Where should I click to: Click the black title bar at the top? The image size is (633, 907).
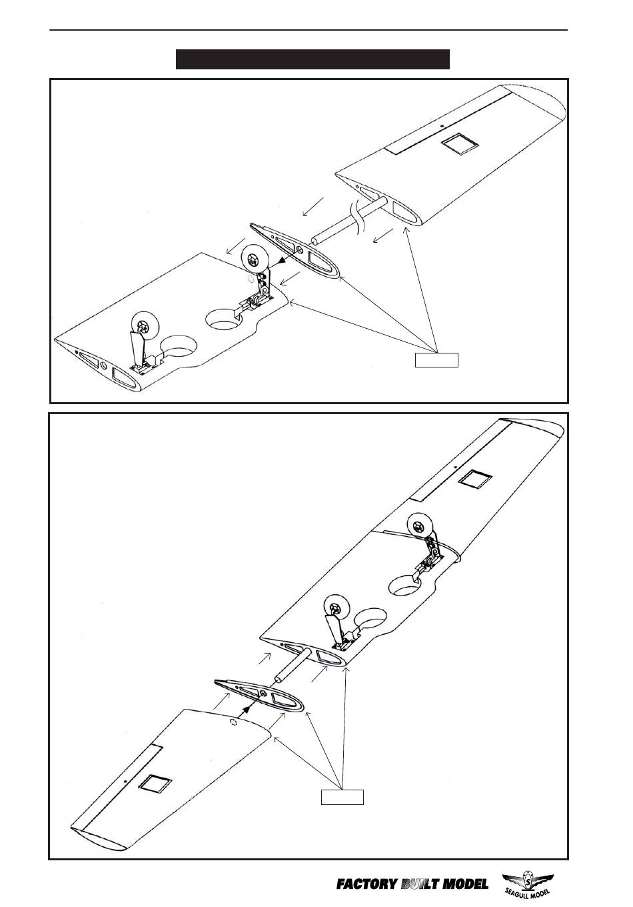(x=313, y=59)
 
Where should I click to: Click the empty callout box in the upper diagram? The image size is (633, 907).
(x=436, y=360)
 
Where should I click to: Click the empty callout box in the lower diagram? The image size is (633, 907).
(x=342, y=796)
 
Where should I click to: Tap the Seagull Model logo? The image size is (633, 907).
(x=529, y=884)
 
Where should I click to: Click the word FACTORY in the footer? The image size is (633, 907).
(x=365, y=885)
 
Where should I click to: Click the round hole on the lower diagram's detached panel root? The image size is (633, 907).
(x=232, y=722)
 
